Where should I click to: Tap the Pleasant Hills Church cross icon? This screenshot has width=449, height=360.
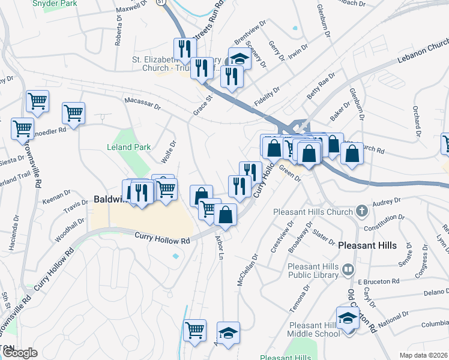[361, 211]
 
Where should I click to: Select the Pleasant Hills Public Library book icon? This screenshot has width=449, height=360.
[348, 270]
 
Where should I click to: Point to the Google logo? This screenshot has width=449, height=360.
[19, 353]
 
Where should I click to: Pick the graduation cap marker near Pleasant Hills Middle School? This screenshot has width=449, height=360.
[348, 318]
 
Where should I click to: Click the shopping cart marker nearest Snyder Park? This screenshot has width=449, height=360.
[38, 102]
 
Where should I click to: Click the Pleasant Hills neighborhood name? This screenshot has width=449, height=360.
[367, 245]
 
